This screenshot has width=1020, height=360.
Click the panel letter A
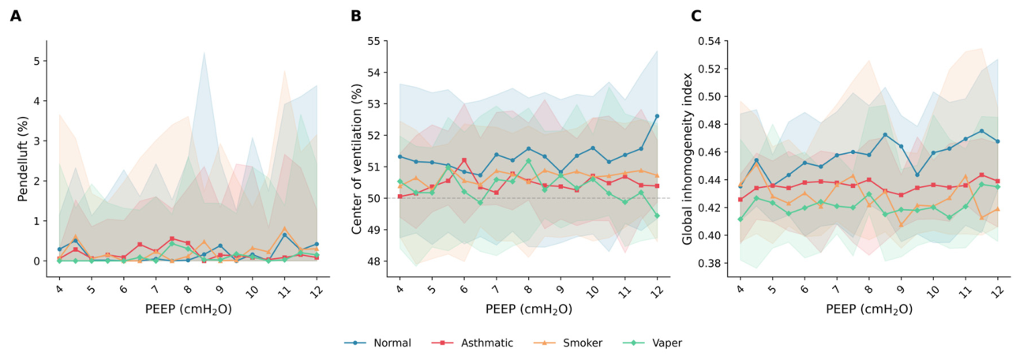pyautogui.click(x=16, y=16)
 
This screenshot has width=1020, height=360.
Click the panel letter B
pyautogui.click(x=355, y=16)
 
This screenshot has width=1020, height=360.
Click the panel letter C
pyautogui.click(x=696, y=16)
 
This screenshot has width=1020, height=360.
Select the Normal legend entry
pyautogui.click(x=377, y=343)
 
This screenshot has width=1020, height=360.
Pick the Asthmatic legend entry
pyautogui.click(x=472, y=343)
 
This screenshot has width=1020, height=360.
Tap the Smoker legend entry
pyautogui.click(x=568, y=343)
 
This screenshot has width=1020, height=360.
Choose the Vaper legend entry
pyautogui.click(x=652, y=343)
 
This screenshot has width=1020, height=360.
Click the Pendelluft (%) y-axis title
pyautogui.click(x=23, y=159)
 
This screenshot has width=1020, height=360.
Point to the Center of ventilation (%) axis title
pyautogui.click(x=357, y=159)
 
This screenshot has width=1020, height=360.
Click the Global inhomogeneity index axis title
pyautogui.click(x=687, y=159)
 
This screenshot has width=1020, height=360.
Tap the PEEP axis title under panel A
pyautogui.click(x=189, y=309)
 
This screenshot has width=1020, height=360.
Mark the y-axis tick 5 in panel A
pyautogui.click(x=37, y=61)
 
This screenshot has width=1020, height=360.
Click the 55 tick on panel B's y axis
pyautogui.click(x=374, y=41)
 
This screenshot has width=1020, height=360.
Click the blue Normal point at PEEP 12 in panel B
pyautogui.click(x=657, y=117)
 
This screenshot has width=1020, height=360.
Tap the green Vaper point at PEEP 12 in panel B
pyautogui.click(x=657, y=216)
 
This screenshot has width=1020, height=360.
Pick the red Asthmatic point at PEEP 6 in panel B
pyautogui.click(x=464, y=160)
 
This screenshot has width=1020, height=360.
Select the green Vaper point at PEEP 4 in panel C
pyautogui.click(x=741, y=219)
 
